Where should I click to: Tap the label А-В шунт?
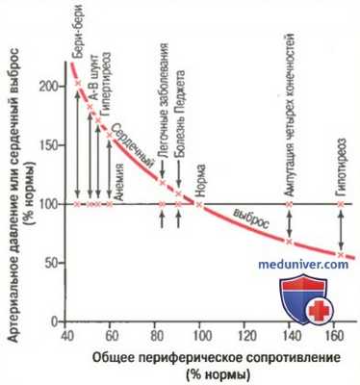coord(91,92)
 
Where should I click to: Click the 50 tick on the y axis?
coord(46,262)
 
